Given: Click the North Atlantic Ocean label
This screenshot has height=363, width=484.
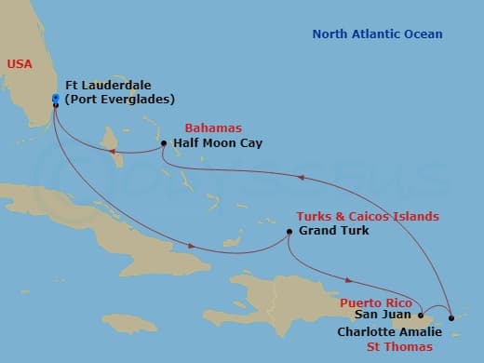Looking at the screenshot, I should pos(377,35).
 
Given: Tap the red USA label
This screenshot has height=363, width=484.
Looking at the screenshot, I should pos(19,63).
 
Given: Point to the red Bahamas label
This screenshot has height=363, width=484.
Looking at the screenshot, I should pos(213,128).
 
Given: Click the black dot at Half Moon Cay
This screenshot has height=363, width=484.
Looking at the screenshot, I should pos(164,143).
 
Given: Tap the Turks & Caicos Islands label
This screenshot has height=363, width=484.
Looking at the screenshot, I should pos(367,216).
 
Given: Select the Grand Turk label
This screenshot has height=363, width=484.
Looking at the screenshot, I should pos(333,231).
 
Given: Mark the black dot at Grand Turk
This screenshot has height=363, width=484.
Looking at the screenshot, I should pos(289,231).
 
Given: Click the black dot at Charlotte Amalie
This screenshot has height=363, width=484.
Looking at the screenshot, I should pos(451,318).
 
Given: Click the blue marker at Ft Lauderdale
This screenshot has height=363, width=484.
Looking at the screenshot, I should pos(56,97).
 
